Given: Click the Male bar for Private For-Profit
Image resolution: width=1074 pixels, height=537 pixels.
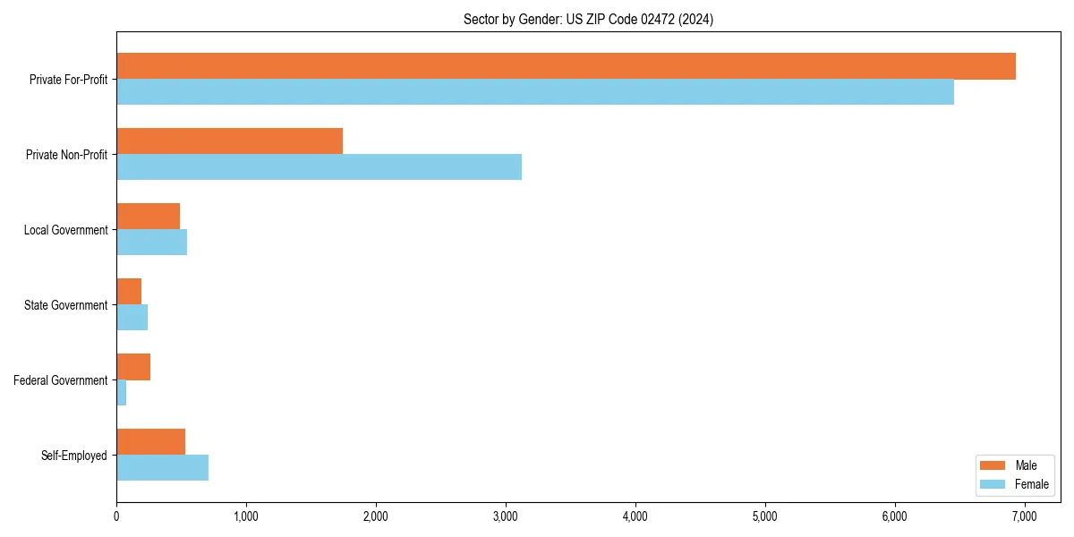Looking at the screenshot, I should point(566,66).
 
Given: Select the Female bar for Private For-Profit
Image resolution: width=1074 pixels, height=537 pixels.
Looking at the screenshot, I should point(535,92).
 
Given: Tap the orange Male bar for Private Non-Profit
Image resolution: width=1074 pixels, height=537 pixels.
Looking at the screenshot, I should point(229,141).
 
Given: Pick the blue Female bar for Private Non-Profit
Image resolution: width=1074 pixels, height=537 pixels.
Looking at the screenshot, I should point(319,167).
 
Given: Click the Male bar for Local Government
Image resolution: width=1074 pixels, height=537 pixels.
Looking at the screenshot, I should point(148,217).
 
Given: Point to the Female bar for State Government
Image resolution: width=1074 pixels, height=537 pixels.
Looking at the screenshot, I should point(132,318).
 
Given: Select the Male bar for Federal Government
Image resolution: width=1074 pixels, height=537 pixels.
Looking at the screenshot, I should point(133,367).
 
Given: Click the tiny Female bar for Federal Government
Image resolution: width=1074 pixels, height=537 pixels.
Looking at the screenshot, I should point(122,393).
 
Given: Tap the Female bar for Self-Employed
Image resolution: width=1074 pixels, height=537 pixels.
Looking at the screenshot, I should point(162,468).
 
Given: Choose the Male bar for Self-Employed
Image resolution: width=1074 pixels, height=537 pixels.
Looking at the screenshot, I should point(150,442).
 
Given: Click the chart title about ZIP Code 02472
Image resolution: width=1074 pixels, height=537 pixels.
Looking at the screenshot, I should point(588,19).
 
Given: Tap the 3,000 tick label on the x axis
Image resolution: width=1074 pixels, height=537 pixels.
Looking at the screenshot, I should point(506,516).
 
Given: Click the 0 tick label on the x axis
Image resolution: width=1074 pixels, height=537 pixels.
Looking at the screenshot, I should point(116,516).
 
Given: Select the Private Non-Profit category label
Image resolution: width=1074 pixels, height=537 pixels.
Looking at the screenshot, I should point(66,155).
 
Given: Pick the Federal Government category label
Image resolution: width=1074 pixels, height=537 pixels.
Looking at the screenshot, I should point(61,380).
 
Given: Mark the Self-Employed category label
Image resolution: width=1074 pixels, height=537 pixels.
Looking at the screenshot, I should point(74,456).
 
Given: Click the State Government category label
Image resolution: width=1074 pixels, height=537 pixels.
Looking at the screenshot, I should point(65,305).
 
